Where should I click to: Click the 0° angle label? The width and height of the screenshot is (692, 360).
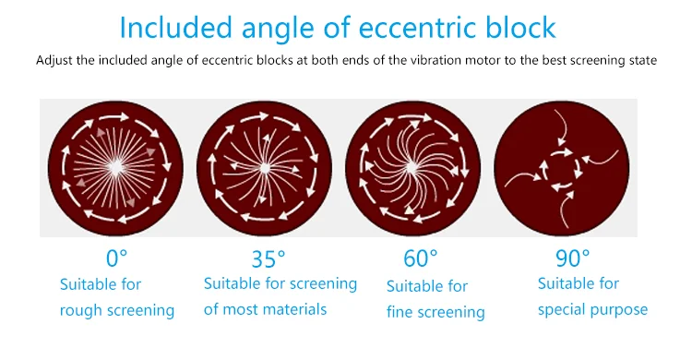tap(116, 258)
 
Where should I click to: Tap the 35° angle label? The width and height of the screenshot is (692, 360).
tap(268, 258)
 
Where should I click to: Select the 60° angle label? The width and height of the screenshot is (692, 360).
tap(421, 258)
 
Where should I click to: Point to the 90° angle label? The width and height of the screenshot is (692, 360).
tap(572, 258)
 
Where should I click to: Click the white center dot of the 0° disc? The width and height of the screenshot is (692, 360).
tap(116, 167)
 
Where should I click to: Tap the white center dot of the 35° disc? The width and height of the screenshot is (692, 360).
tap(265, 168)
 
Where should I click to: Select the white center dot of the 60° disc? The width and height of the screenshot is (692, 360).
tap(412, 167)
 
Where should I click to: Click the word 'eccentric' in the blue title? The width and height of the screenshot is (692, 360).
tap(417, 28)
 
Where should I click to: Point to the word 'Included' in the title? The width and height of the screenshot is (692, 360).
tap(175, 28)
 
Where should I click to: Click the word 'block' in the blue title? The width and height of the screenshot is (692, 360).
tap(520, 28)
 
